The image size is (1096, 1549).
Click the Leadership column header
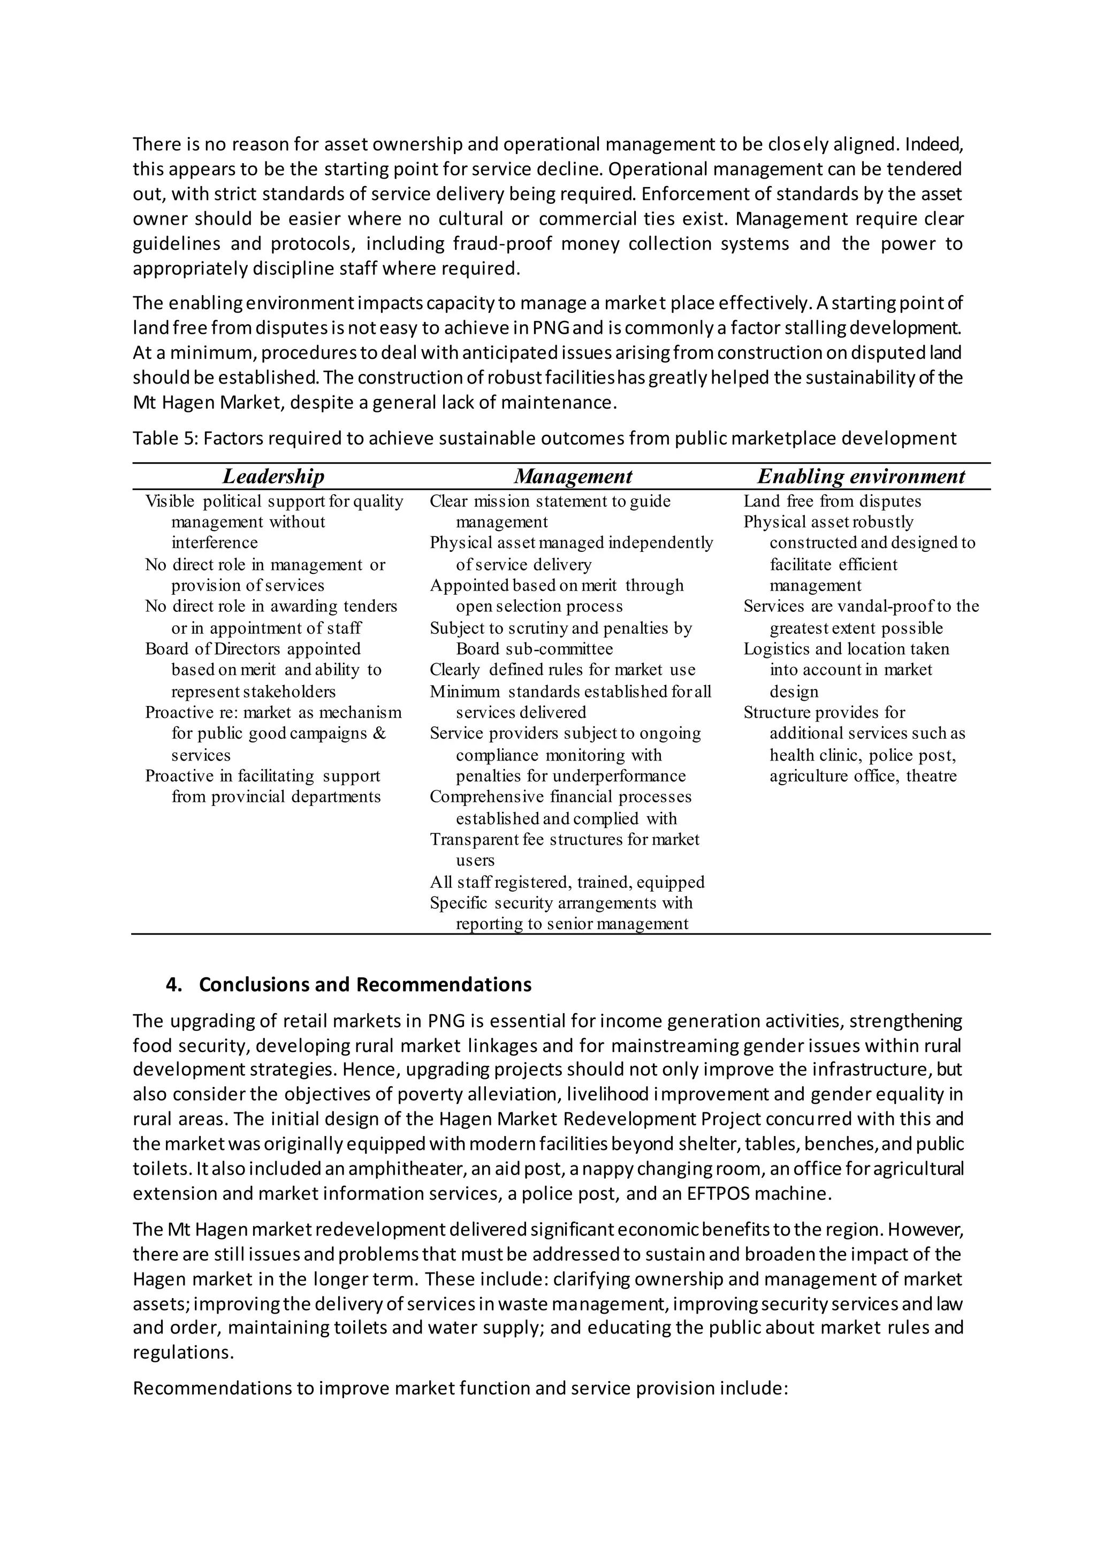pos(273,476)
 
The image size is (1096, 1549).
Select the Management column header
pos(573,476)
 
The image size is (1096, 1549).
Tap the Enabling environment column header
pos(861,476)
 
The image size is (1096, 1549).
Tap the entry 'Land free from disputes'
pos(832,501)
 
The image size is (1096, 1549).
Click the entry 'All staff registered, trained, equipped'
pos(567,882)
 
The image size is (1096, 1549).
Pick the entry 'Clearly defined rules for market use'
pos(562,670)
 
